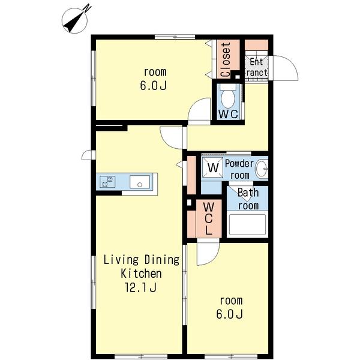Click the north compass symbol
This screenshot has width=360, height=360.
point(75,20)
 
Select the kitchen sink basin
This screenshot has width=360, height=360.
point(140,182)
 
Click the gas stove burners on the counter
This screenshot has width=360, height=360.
point(107,182)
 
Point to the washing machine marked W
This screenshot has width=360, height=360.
point(213,167)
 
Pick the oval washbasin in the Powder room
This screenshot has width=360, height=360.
point(262,169)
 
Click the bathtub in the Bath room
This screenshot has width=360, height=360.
point(247,225)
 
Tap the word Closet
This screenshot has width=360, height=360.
point(226,59)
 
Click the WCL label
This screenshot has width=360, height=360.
point(208,218)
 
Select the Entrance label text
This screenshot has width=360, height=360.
point(256,67)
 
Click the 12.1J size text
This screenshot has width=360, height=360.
point(140,287)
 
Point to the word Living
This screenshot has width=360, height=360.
point(121,260)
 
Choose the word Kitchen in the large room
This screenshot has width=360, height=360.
point(141,274)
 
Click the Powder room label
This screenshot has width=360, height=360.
point(239,169)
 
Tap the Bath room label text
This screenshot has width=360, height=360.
point(248,199)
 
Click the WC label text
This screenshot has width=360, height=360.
point(228,114)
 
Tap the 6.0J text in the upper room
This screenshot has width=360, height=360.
point(153,86)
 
